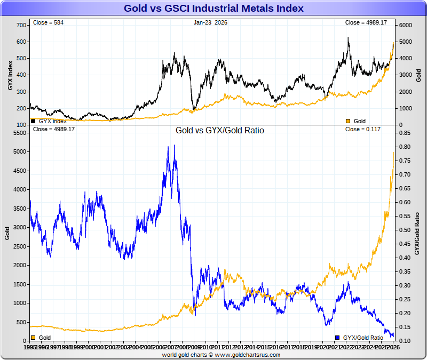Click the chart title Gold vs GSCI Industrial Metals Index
coord(213,9)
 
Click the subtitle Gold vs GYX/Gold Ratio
coord(220,130)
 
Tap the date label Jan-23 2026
coord(212,22)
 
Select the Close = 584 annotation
coord(48,22)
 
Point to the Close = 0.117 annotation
coord(363,129)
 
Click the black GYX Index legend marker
coord(33,121)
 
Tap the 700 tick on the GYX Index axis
coord(21,25)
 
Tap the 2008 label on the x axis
coord(182,348)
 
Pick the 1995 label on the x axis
coord(29,348)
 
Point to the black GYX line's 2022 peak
coord(348,38)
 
